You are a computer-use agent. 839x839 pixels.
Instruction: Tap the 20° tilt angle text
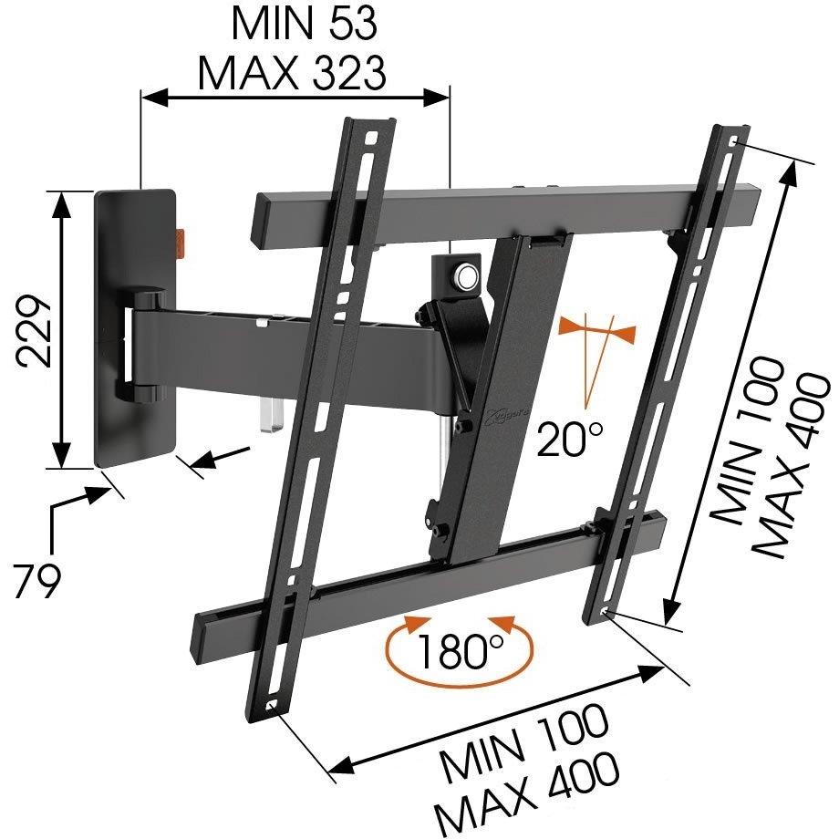570,439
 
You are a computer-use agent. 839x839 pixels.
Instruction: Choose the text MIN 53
305,24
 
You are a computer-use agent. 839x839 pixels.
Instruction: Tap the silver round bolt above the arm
464,275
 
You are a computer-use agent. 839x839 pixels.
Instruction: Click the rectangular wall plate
135,327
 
